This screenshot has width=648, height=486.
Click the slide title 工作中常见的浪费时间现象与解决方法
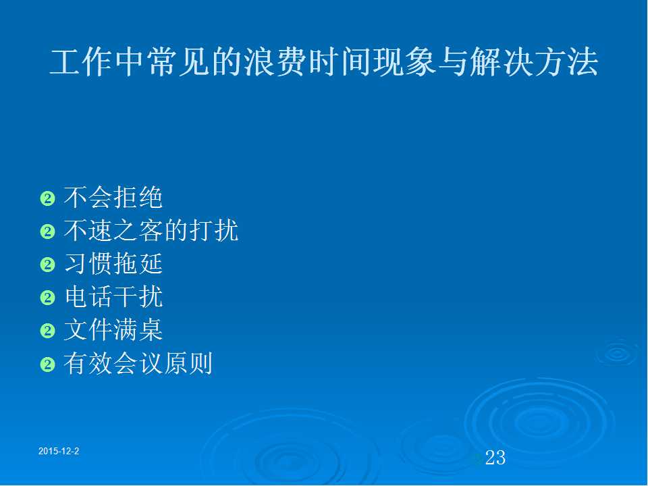[324, 62]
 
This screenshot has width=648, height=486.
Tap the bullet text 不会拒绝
[113, 197]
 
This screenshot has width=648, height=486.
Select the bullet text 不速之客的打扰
[151, 230]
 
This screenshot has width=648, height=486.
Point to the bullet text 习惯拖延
[113, 264]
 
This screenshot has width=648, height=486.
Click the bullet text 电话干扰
[113, 297]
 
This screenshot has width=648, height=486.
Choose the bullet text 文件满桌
[113, 330]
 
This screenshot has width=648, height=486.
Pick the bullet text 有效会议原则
[138, 363]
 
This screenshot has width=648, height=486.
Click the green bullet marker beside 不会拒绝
[47, 198]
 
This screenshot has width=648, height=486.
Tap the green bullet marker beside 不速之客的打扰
[47, 232]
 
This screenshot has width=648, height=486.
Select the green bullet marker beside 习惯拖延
[47, 265]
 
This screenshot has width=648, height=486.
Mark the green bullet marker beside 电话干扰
[47, 298]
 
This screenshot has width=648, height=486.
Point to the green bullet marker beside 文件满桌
[47, 331]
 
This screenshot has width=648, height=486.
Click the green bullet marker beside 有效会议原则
[47, 364]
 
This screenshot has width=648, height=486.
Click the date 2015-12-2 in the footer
[59, 452]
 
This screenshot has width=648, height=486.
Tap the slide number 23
[495, 458]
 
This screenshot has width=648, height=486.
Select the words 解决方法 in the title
[535, 62]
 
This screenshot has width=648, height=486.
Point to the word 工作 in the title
[81, 62]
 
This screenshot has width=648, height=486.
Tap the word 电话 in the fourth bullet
[88, 297]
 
